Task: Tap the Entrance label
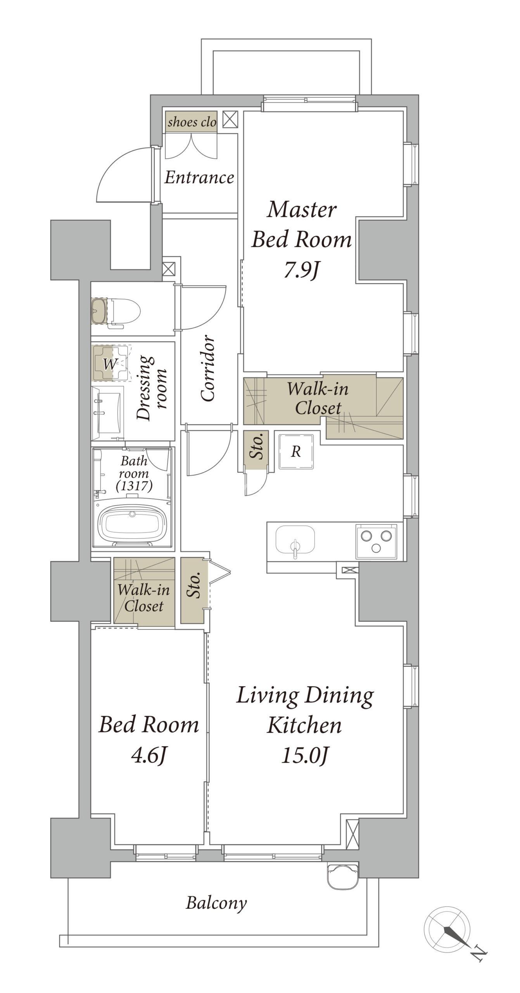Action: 199,178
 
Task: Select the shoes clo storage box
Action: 191,122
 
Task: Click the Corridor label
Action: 208,368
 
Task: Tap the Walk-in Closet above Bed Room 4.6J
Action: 144,592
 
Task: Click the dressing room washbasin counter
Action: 108,413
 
